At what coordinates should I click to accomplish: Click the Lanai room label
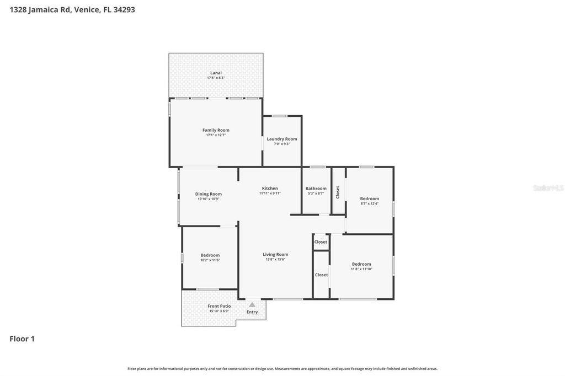click(x=216, y=73)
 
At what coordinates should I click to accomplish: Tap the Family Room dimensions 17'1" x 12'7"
click(x=216, y=135)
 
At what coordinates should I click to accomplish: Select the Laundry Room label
click(x=282, y=139)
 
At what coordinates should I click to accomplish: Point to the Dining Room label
click(x=209, y=194)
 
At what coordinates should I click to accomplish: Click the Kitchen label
click(x=270, y=189)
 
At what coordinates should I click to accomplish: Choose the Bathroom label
click(x=316, y=189)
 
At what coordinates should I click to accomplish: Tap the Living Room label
click(x=275, y=255)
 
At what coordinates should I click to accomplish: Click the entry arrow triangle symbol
click(x=252, y=304)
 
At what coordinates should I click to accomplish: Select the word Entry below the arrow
click(x=252, y=312)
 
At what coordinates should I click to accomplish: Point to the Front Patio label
click(x=219, y=306)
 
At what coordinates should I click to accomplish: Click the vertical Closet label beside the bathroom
click(x=338, y=192)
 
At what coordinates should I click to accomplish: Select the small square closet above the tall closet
click(x=321, y=242)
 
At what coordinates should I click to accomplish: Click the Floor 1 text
click(x=22, y=339)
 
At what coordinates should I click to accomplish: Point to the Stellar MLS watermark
click(x=548, y=188)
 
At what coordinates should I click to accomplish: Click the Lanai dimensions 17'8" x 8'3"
click(x=216, y=78)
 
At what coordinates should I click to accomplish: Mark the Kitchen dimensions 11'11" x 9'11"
click(x=270, y=194)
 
